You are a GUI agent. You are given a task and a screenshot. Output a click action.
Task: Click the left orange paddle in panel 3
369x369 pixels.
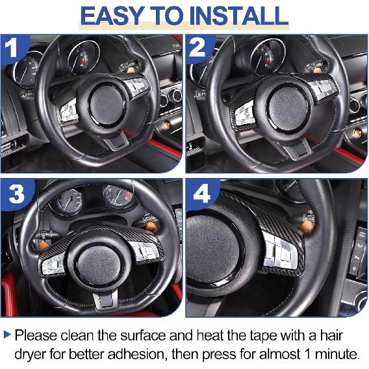[45, 248]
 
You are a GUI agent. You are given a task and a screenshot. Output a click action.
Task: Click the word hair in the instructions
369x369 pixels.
[342, 336]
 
